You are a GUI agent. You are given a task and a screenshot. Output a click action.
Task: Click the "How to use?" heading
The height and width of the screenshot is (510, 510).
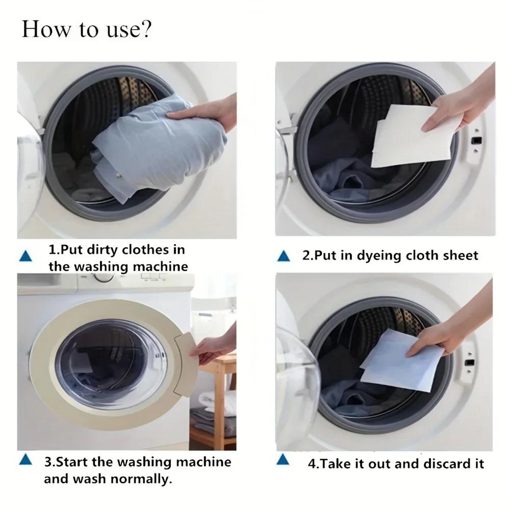[87, 30]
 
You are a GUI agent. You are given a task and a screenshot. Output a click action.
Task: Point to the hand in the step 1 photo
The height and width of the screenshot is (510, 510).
[209, 115]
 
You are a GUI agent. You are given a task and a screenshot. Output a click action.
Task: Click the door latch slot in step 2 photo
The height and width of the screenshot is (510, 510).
[477, 140]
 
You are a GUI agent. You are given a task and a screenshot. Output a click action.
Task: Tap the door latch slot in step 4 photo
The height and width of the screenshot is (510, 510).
[470, 362]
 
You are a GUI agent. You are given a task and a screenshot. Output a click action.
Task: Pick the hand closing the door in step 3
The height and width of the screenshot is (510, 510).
[214, 347]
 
